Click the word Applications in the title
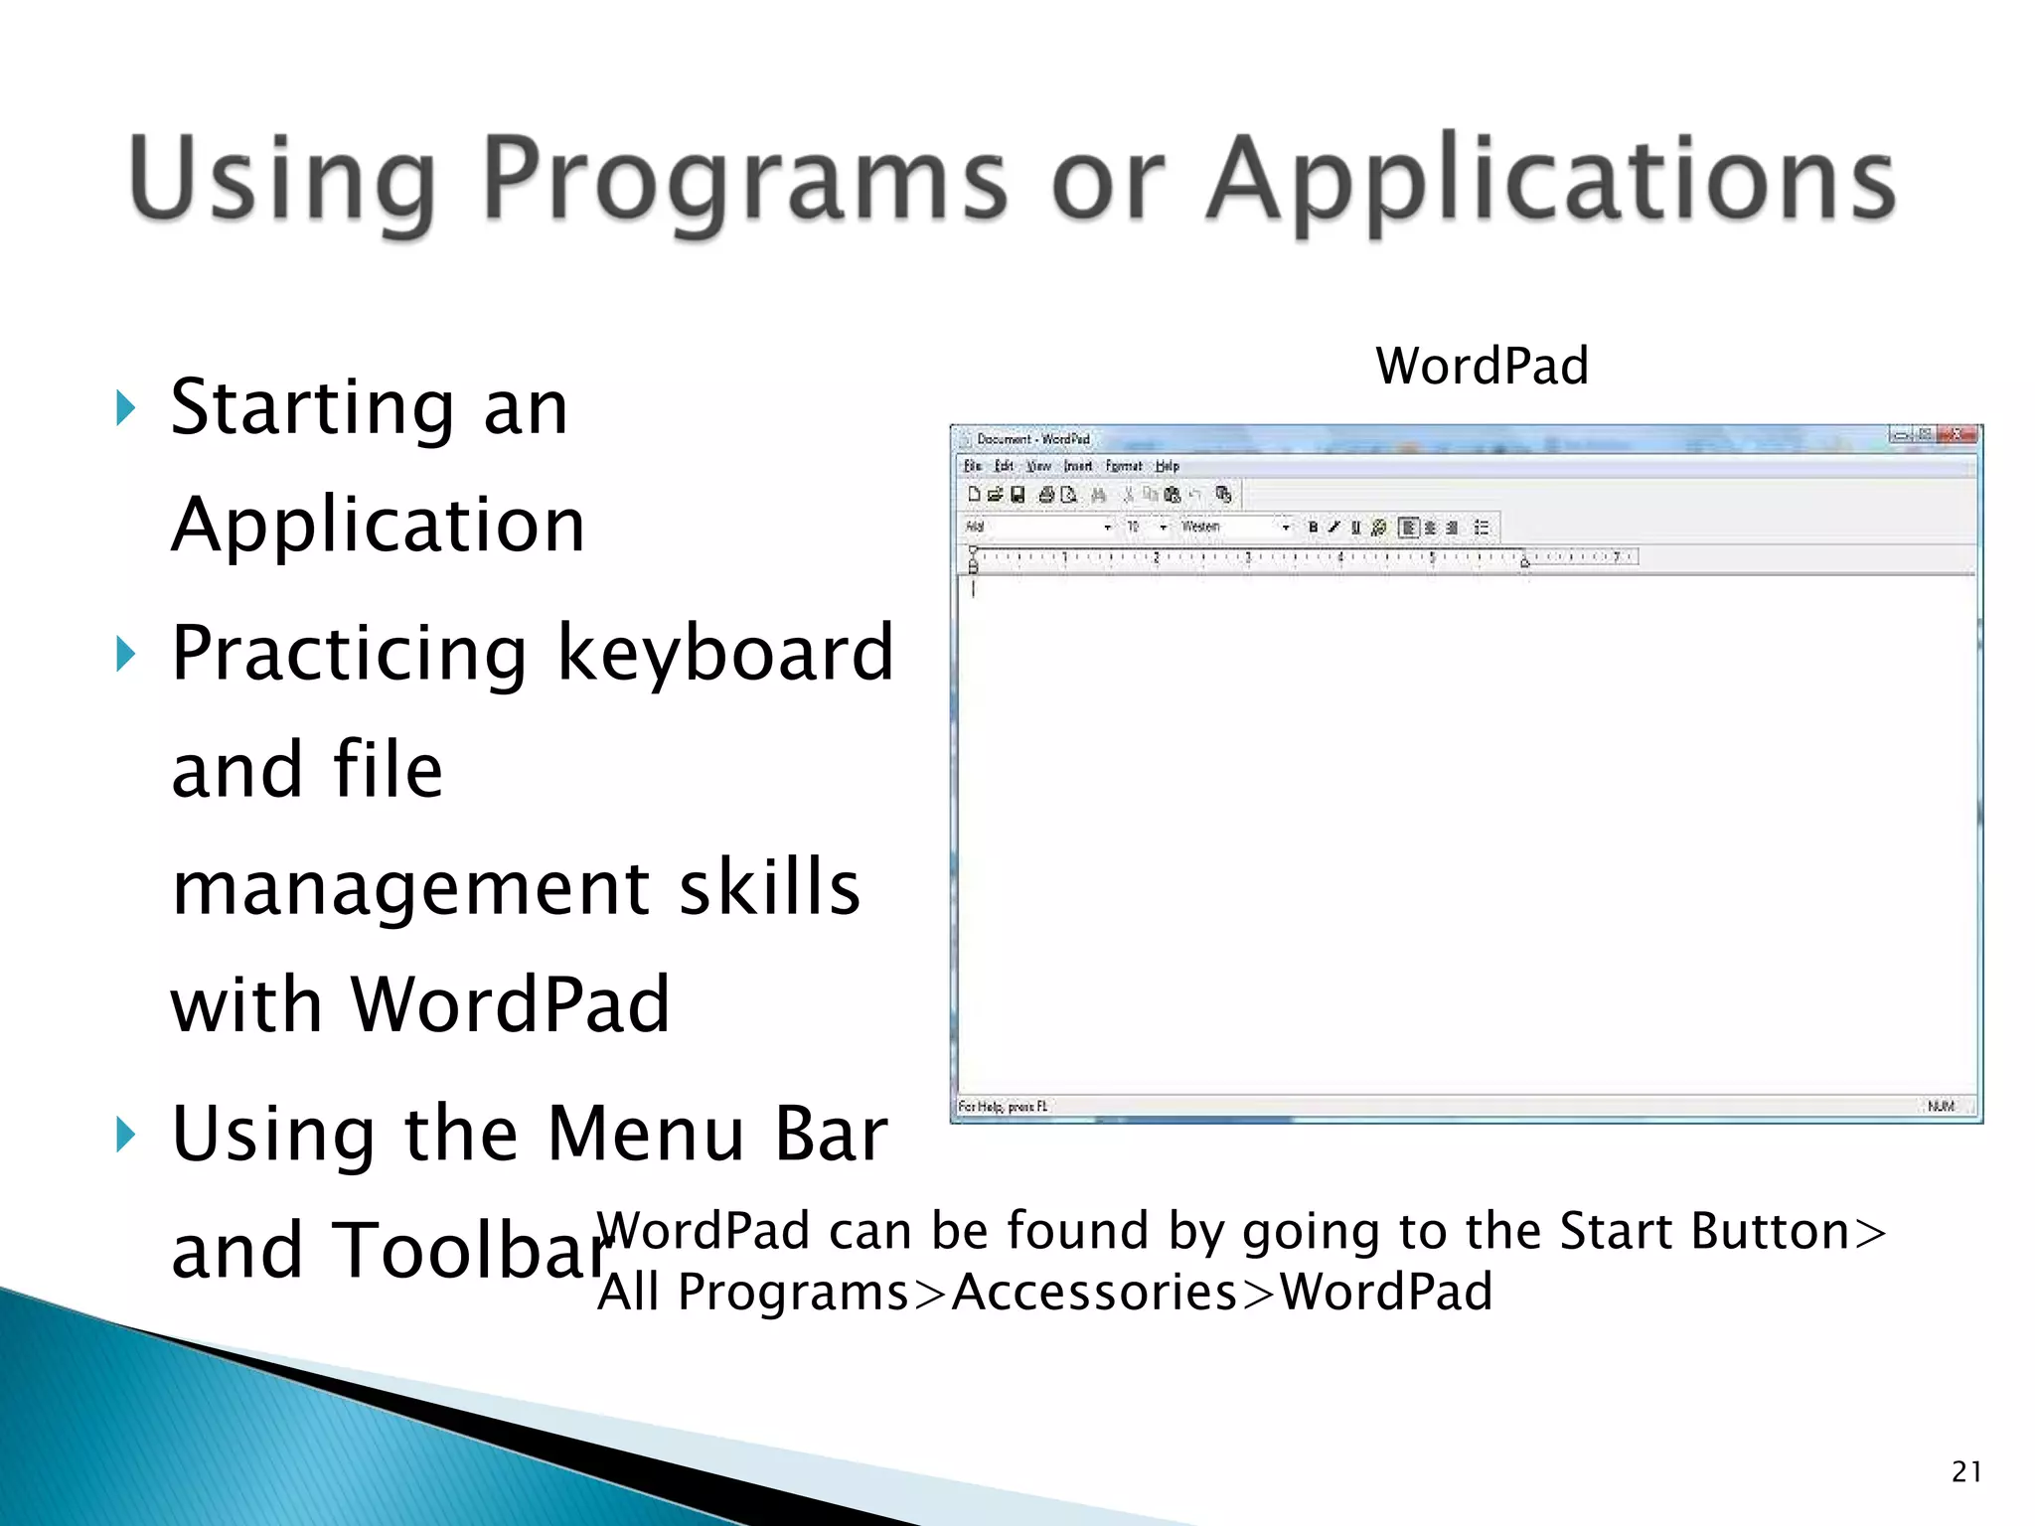point(1550,181)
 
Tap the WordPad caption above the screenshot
point(1482,366)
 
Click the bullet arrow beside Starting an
point(125,407)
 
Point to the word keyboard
point(725,653)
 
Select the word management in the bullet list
point(407,887)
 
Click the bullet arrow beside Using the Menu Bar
point(125,1134)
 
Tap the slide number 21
point(1966,1471)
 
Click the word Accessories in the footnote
point(1094,1292)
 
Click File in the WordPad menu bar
point(973,466)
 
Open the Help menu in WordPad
point(1168,466)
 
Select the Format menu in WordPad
point(1124,466)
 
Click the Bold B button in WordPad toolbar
point(1313,528)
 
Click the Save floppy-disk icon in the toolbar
point(1017,495)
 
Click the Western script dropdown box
point(1232,528)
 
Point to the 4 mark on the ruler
point(1340,557)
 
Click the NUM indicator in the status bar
point(1941,1106)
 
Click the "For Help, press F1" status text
point(1003,1106)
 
